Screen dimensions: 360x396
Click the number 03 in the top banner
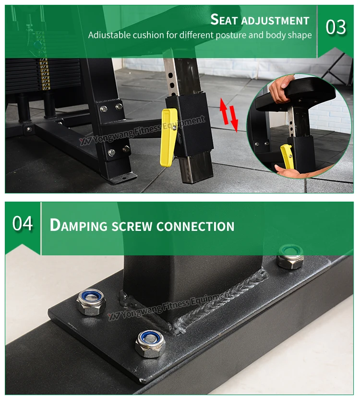point(336,27)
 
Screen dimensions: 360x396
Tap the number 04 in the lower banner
point(23,223)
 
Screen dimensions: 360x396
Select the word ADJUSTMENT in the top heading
point(275,21)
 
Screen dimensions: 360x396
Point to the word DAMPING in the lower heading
point(79,225)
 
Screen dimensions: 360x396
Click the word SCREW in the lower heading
point(132,226)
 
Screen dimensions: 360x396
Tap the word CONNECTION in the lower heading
point(195,226)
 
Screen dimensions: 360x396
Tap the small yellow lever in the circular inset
point(287,156)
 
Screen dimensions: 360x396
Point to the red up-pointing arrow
point(224,111)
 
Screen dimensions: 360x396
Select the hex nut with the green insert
point(290,257)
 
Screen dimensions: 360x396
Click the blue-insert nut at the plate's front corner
point(150,344)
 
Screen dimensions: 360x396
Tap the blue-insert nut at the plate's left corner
point(91,302)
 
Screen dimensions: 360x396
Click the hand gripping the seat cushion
point(281,88)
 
